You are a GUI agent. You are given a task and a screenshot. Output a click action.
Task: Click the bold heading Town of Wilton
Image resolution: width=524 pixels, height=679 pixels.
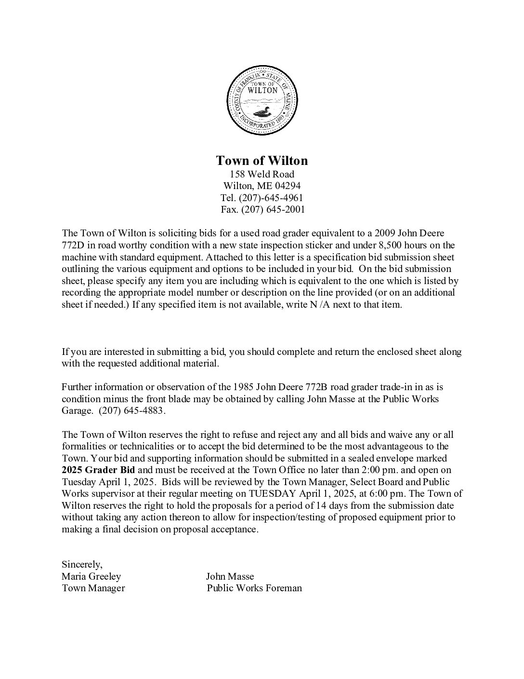tap(262, 161)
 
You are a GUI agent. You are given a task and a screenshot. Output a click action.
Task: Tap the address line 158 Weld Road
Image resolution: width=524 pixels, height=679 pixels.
tap(262, 174)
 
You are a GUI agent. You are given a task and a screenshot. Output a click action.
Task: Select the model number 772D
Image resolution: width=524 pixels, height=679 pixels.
tap(73, 245)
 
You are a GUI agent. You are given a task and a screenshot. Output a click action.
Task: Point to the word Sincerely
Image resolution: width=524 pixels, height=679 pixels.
tap(82, 564)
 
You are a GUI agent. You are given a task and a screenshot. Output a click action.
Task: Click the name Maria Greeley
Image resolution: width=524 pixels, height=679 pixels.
tap(92, 576)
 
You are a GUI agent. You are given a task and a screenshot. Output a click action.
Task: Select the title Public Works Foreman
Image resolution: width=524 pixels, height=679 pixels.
tap(254, 588)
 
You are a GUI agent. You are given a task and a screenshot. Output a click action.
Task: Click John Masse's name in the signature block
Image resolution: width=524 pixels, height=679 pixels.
tap(230, 576)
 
